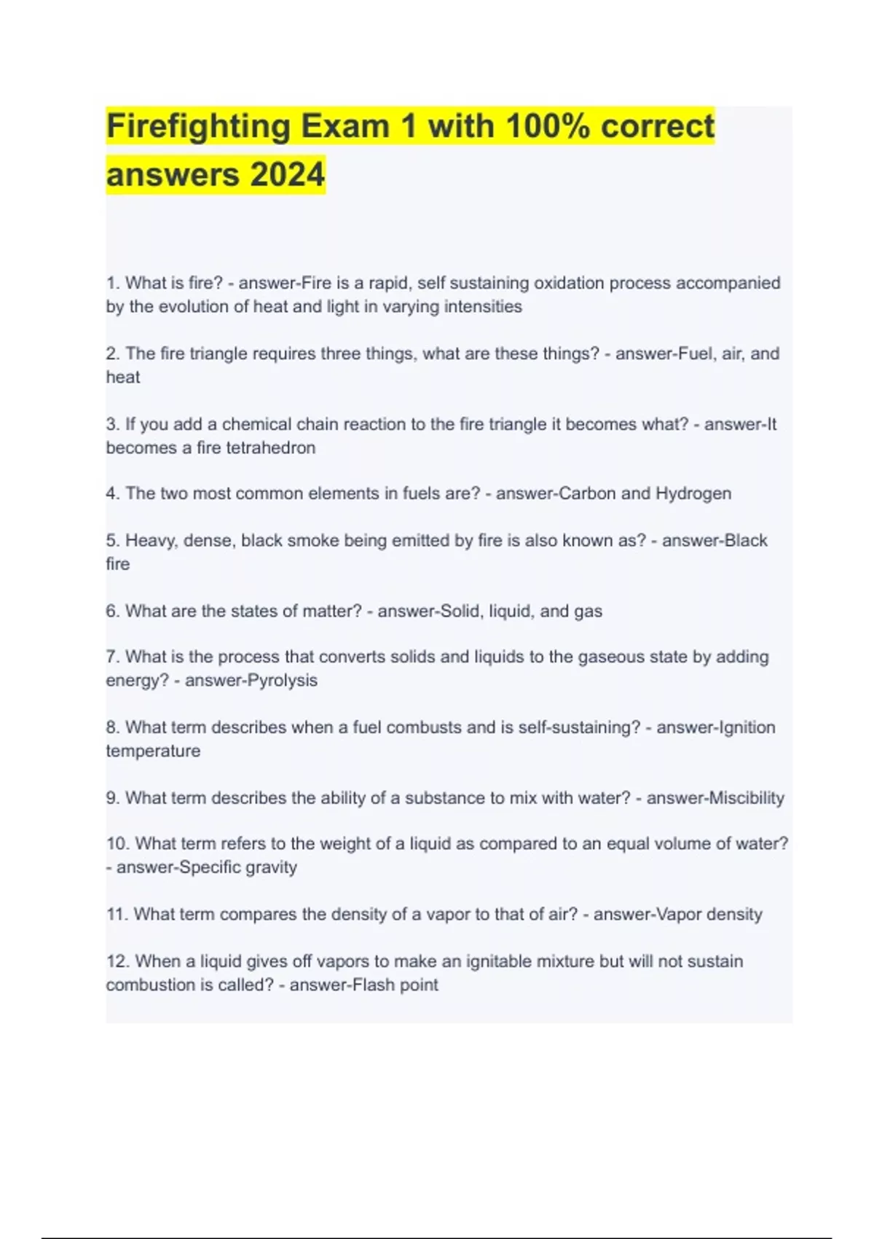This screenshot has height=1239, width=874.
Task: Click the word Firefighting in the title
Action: pyautogui.click(x=198, y=126)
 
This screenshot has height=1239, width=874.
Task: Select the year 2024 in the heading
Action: pyautogui.click(x=287, y=175)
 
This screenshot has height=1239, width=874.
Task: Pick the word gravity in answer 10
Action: pyautogui.click(x=270, y=867)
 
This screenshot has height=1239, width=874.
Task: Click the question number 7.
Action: pyautogui.click(x=112, y=657)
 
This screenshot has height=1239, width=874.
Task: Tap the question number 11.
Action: pyautogui.click(x=117, y=915)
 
